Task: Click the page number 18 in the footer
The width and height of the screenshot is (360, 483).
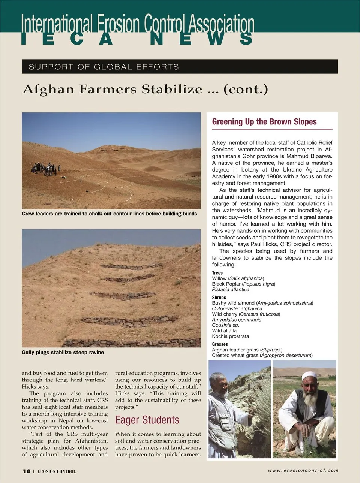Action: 27,471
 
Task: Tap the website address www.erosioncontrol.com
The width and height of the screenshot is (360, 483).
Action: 303,470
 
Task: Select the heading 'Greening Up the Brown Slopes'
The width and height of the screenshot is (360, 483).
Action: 264,122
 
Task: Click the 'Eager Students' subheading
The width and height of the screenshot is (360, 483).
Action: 147,420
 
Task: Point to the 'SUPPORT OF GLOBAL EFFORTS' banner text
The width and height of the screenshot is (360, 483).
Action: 104,67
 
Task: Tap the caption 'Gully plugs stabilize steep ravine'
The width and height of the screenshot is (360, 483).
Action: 63,353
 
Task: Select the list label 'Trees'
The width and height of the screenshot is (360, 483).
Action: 217,273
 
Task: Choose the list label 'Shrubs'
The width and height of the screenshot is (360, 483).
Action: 219,297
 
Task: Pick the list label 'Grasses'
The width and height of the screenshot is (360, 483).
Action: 220,344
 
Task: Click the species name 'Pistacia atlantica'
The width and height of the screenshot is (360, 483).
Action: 231,289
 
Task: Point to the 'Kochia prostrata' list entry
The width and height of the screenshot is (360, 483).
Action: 230,336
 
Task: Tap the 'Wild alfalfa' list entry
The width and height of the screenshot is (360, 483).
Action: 224,330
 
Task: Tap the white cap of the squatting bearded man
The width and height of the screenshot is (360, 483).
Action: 310,376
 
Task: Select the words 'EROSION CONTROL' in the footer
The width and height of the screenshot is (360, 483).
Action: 57,471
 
